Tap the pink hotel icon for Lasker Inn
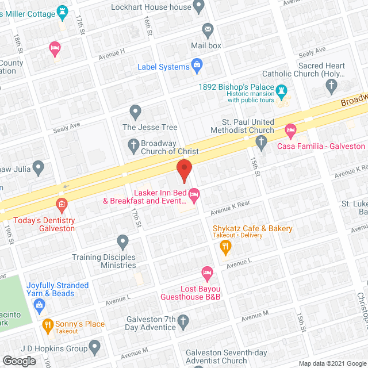pos(194,196)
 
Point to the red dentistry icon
pos(62,204)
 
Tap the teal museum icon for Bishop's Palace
pos(281,91)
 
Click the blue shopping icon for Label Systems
pos(197,64)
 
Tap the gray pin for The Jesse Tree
pos(135,110)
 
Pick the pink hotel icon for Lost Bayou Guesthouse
pos(206,272)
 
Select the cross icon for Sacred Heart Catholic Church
pos(331,86)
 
